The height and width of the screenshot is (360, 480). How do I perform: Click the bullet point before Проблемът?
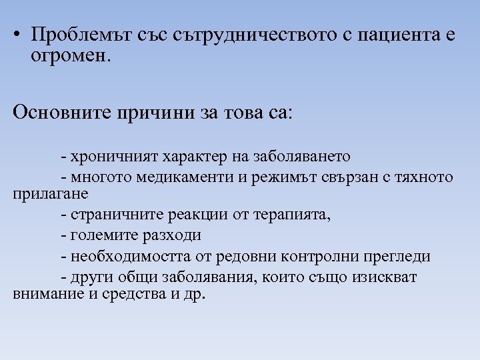pyautogui.click(x=17, y=35)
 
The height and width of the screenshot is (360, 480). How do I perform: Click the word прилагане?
pyautogui.click(x=51, y=194)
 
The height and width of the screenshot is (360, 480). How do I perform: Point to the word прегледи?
pyautogui.click(x=398, y=256)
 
